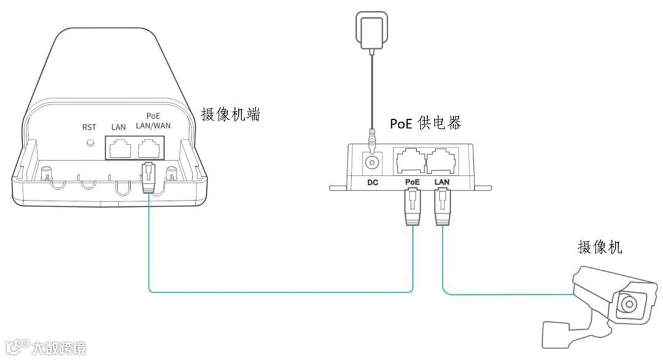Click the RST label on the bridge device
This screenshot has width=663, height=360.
[90, 127]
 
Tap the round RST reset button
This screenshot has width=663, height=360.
[91, 143]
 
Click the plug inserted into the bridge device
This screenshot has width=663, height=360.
[149, 178]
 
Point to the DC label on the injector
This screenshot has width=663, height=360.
[373, 183]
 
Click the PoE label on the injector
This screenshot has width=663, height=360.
[412, 183]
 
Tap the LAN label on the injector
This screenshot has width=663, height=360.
[443, 183]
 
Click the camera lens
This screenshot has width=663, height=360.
[627, 303]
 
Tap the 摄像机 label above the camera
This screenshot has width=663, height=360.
[600, 247]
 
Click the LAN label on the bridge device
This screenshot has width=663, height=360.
[118, 127]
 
